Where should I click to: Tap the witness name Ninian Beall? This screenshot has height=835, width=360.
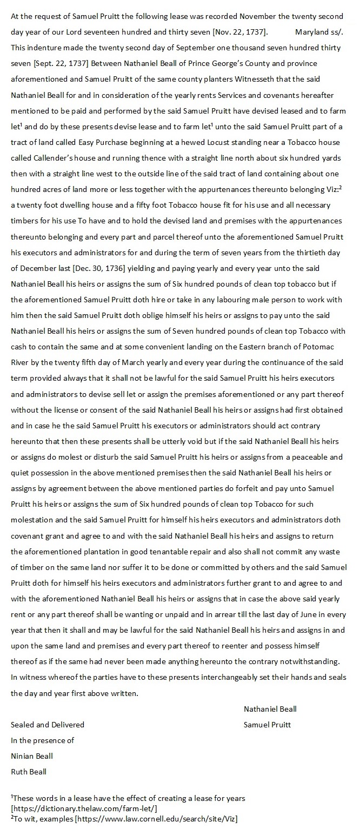click(x=32, y=756)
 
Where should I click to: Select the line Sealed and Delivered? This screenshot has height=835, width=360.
click(x=48, y=725)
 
